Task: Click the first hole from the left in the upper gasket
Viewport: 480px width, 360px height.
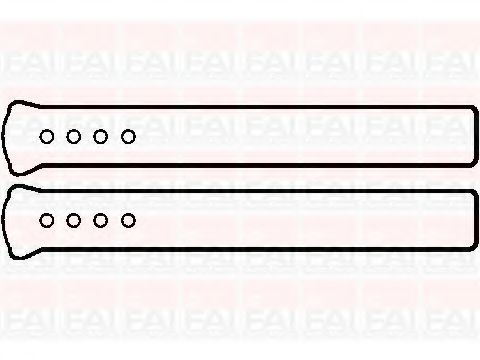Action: pos(47,136)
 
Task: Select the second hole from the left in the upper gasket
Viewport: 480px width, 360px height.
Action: pos(74,136)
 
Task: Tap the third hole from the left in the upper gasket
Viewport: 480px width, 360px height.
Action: pos(101,136)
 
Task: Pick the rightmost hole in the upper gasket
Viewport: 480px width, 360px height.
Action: pos(128,136)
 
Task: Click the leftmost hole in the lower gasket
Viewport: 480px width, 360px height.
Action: pos(47,219)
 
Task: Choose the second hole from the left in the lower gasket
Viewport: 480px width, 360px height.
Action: pos(74,219)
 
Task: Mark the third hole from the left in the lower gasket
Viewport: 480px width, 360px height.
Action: pos(101,219)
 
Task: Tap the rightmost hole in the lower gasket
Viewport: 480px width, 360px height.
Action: pos(128,219)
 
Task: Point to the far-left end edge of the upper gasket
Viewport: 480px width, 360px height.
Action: pos(5,136)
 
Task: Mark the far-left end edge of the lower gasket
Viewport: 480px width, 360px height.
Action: pos(5,219)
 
